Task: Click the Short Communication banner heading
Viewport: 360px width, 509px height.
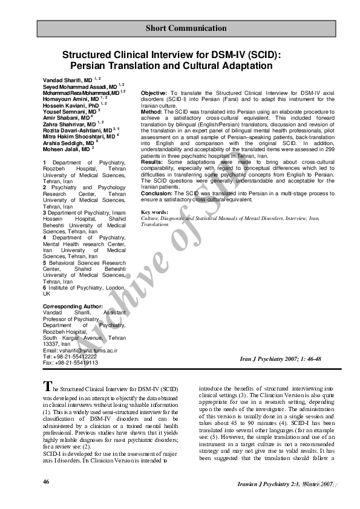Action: coord(186,28)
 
